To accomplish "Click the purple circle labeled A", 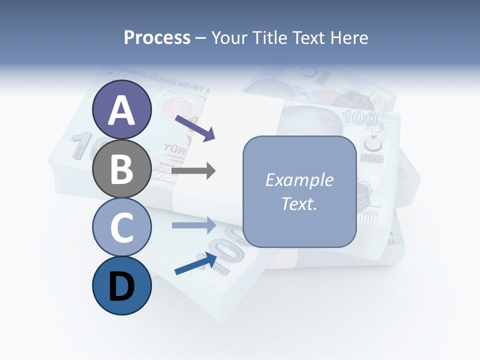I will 122,110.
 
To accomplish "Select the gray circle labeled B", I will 122,168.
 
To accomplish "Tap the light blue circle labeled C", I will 122,227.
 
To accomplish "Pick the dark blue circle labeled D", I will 122,285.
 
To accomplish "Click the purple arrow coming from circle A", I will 195,127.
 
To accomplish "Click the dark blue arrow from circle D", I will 195,263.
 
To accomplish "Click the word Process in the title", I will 157,38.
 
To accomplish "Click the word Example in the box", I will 299,180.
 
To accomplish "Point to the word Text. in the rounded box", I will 299,203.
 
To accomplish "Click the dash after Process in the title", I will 201,38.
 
